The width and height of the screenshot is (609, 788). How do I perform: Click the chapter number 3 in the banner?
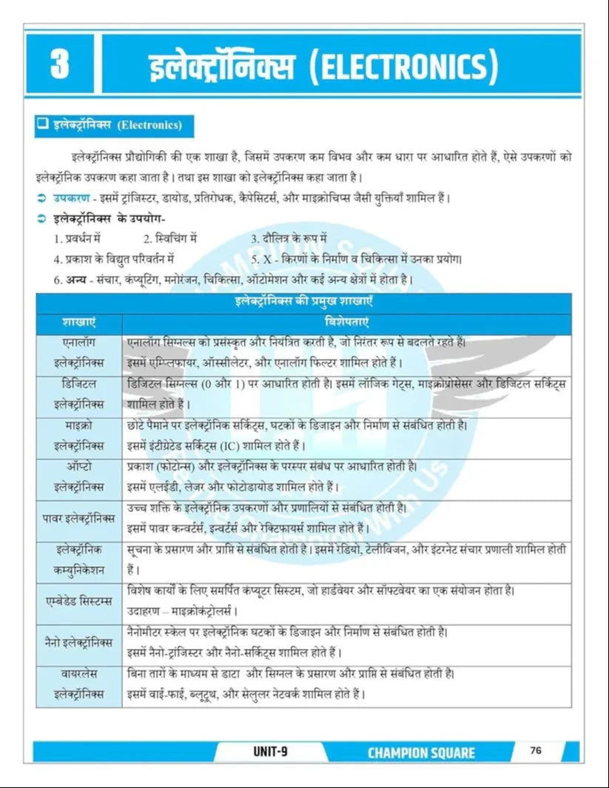[x=60, y=65]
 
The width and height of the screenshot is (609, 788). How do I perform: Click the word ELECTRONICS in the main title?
[x=403, y=67]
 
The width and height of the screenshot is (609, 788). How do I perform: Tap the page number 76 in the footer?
[x=536, y=750]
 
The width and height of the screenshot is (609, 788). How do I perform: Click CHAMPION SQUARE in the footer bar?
[x=421, y=752]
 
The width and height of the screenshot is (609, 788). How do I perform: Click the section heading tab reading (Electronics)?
[x=150, y=125]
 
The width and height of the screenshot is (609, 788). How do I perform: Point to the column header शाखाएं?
[x=78, y=323]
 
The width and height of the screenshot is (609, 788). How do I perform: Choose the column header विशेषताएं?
[x=347, y=323]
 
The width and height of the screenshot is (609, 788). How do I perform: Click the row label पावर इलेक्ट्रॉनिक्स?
[x=78, y=519]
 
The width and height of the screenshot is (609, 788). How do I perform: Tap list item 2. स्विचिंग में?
[x=170, y=239]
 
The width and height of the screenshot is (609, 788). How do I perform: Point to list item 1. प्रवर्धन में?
[x=77, y=239]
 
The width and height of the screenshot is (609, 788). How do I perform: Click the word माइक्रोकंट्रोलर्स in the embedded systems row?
[x=204, y=612]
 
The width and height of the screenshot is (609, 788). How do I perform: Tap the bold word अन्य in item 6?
[x=75, y=279]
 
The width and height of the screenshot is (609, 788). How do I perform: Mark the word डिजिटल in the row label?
[x=78, y=385]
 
